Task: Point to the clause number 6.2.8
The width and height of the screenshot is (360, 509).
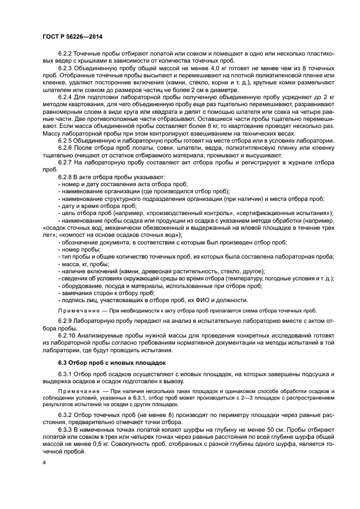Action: click(x=66, y=177)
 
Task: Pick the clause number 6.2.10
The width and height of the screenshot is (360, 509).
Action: click(x=68, y=334)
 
